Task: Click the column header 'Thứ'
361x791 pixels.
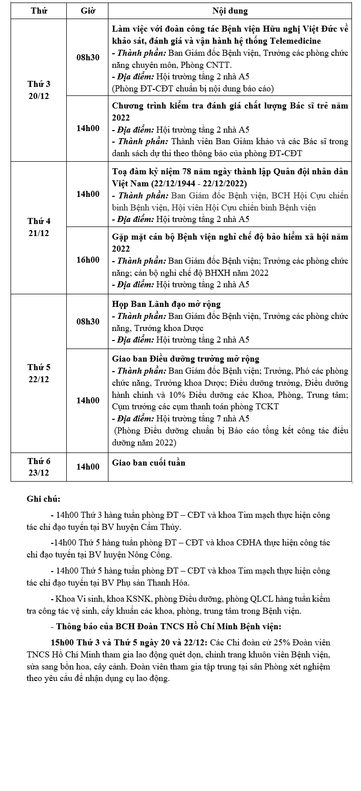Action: pos(38,11)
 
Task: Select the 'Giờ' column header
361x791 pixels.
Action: pos(87,11)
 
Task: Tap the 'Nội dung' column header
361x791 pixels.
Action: pos(230,11)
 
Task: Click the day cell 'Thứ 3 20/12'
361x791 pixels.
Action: pos(38,90)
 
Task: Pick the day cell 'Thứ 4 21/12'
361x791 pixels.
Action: pos(38,227)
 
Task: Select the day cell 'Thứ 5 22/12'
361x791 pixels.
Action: pos(38,373)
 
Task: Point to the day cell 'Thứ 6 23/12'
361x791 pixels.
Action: pos(38,467)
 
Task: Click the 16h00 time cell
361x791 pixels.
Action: pos(87,260)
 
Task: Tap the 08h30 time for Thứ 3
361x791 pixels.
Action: pos(87,57)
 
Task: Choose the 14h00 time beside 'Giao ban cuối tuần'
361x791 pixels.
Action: pos(87,467)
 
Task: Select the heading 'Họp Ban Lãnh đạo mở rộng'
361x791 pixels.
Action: pos(166,304)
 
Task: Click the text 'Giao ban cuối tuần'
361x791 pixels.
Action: pos(149,463)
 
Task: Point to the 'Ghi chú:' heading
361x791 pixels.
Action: pos(44,499)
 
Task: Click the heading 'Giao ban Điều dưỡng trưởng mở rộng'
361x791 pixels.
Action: pos(185,359)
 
